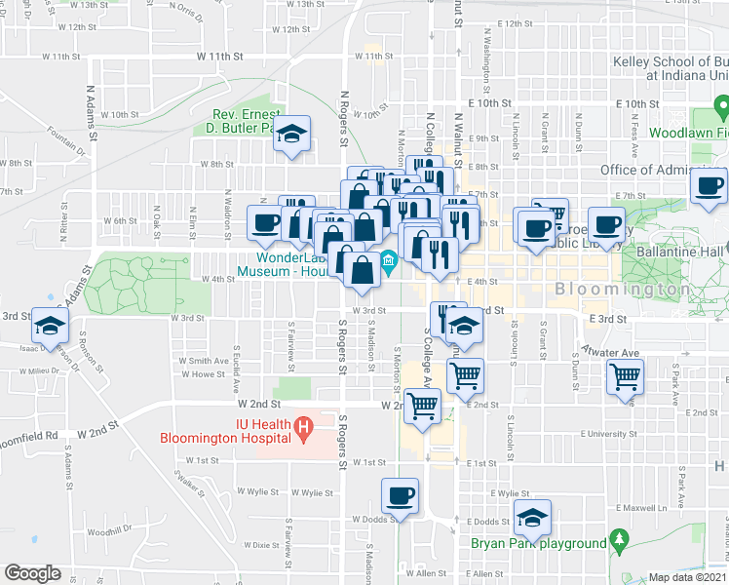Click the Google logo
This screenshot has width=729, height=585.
pyautogui.click(x=32, y=573)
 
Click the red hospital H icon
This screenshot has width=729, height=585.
pyautogui.click(x=304, y=426)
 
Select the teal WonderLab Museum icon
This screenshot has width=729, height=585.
pyautogui.click(x=389, y=258)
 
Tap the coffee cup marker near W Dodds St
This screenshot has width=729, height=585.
pyautogui.click(x=401, y=494)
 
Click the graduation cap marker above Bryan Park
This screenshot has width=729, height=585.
pyautogui.click(x=532, y=516)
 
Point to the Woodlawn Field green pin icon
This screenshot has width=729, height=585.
pyautogui.click(x=720, y=103)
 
